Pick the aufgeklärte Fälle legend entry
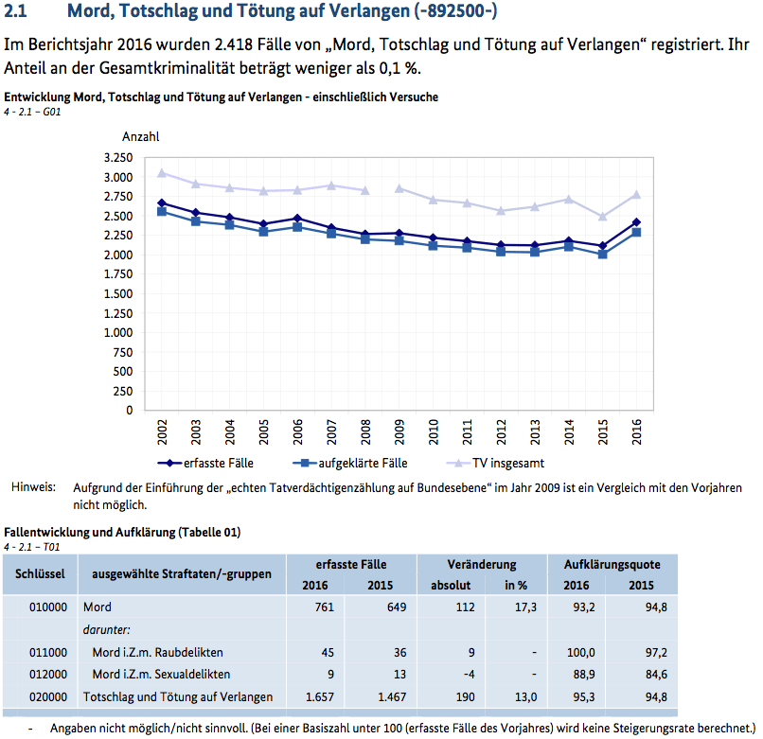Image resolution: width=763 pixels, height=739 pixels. click(x=352, y=464)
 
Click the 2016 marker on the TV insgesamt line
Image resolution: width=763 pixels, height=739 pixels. click(x=636, y=195)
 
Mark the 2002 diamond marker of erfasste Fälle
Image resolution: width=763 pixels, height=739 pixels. click(x=162, y=202)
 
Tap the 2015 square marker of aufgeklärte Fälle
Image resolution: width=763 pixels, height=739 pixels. click(x=602, y=255)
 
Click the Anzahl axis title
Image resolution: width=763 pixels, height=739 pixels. click(x=141, y=138)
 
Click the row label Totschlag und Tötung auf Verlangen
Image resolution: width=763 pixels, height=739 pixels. click(x=177, y=697)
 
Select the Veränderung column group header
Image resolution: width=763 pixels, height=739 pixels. click(x=482, y=564)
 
